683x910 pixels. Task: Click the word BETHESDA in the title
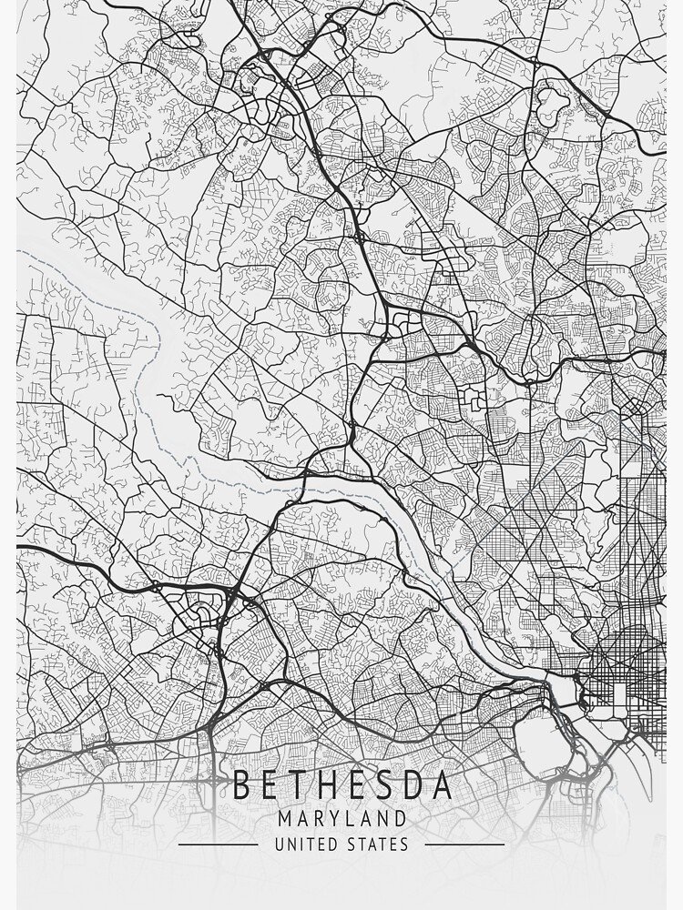342,785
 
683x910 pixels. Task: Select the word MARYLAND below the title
342,820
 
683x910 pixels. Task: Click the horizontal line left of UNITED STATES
218,844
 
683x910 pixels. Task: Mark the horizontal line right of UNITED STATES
464,844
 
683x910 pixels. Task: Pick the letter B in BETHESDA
242,785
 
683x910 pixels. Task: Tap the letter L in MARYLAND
351,820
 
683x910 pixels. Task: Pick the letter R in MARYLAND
318,820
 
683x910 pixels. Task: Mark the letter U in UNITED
280,845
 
